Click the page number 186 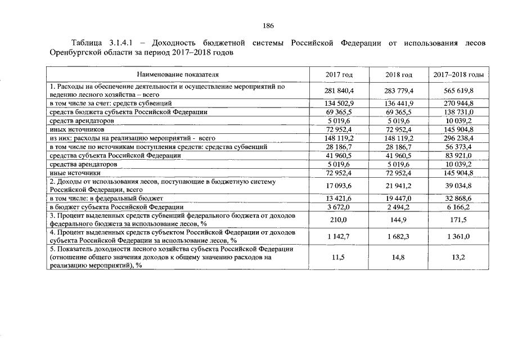[268, 26]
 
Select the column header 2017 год [339, 75]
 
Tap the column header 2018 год [399, 75]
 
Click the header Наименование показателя [178, 74]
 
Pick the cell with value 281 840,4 [339, 91]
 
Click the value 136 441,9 [399, 103]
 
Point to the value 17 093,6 [339, 186]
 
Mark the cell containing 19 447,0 [399, 199]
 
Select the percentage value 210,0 [339, 219]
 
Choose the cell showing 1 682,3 [399, 236]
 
